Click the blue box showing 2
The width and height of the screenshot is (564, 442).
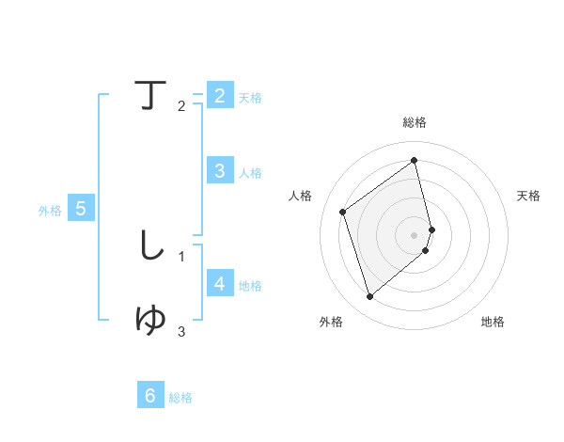tap(219, 96)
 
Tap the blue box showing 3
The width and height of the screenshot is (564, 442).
tap(219, 171)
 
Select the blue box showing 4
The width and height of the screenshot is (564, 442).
tap(219, 284)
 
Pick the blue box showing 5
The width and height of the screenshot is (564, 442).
tap(80, 209)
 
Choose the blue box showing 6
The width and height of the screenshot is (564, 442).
tap(150, 396)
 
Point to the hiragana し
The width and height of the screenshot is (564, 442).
tap(150, 245)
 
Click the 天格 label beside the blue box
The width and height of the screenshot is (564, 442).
tap(250, 98)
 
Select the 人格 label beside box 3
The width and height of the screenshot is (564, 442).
tap(250, 173)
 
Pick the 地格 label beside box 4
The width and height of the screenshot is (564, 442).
tap(250, 286)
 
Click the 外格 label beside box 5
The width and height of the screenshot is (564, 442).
tap(50, 211)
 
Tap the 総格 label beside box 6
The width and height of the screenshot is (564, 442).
tap(180, 398)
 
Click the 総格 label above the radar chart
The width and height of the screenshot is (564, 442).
tap(415, 122)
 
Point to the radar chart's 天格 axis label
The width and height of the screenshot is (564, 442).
tap(529, 196)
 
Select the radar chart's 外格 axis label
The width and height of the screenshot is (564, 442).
tap(331, 322)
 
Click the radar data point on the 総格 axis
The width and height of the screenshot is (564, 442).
tap(415, 160)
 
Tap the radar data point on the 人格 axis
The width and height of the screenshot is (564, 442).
tap(343, 212)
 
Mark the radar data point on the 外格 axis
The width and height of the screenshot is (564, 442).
tap(369, 297)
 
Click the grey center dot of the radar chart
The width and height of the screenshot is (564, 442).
tap(415, 234)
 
